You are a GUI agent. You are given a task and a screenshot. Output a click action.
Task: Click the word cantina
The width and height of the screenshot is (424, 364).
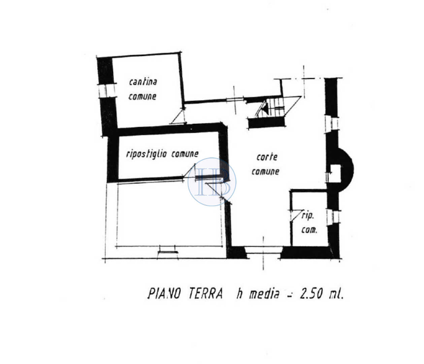click(x=143, y=82)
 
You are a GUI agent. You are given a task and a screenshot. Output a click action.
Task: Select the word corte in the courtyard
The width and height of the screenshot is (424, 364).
click(x=267, y=157)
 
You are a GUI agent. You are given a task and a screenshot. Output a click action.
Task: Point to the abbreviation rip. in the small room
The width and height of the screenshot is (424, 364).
click(x=308, y=216)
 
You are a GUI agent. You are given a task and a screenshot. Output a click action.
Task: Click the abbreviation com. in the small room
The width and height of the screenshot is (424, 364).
click(x=309, y=230)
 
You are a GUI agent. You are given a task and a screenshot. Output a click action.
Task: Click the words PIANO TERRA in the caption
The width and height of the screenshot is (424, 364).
click(x=185, y=294)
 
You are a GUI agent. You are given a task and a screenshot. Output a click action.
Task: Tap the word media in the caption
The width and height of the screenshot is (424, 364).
click(x=264, y=294)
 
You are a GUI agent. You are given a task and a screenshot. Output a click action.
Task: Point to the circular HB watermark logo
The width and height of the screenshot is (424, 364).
click(x=212, y=182)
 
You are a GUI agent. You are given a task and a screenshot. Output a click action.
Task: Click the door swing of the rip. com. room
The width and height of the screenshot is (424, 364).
click(x=296, y=216)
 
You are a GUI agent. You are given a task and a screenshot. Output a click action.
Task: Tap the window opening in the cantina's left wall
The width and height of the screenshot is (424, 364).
click(x=107, y=91)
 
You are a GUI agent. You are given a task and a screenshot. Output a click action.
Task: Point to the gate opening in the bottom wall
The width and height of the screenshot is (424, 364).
click(x=264, y=252)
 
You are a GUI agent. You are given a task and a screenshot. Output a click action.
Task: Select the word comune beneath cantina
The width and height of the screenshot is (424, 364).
click(x=142, y=96)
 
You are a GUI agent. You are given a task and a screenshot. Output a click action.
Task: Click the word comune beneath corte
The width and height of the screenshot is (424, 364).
click(x=265, y=172)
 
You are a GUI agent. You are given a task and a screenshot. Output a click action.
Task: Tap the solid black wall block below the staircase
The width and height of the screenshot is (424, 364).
click(x=266, y=123)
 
